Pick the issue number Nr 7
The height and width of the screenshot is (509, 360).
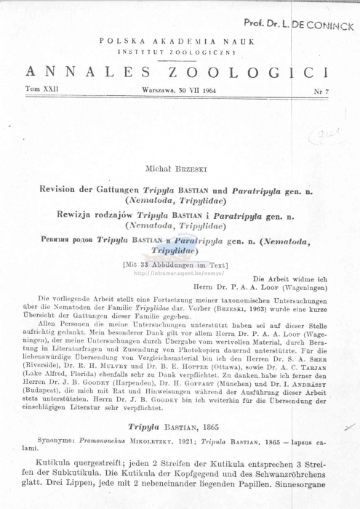tap(319, 91)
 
